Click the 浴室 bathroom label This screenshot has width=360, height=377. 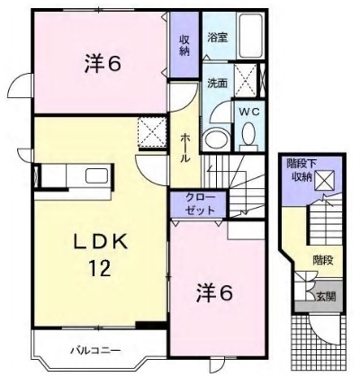[218, 38]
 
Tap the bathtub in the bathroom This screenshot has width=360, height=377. [249, 35]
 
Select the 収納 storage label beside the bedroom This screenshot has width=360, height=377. [184, 45]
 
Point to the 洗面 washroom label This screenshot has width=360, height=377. [218, 84]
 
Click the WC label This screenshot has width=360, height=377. [248, 112]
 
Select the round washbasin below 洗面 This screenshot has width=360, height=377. [215, 139]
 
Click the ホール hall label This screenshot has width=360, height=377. [184, 148]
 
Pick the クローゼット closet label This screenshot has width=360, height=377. [200, 204]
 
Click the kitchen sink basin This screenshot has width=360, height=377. [97, 175]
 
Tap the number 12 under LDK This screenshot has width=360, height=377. [100, 268]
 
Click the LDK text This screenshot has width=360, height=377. [101, 242]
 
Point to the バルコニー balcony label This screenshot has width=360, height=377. [95, 350]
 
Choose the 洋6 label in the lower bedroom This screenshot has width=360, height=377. [214, 292]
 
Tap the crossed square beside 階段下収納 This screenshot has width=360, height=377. [324, 180]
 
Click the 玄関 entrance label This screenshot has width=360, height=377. [326, 297]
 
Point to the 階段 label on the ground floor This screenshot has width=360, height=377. [323, 260]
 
